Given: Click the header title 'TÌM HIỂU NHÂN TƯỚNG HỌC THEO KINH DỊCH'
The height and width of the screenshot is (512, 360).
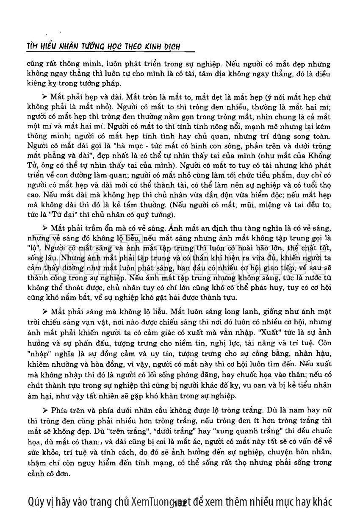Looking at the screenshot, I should click(x=102, y=47).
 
